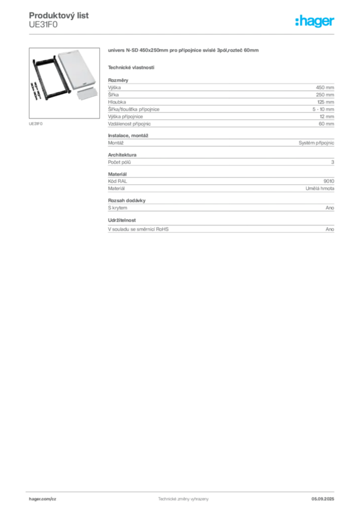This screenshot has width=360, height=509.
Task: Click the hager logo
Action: click(x=314, y=21)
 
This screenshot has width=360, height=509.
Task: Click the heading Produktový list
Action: click(x=59, y=15)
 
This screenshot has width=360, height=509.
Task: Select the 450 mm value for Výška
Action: click(x=325, y=87)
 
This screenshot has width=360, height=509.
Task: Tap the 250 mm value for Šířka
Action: click(x=325, y=94)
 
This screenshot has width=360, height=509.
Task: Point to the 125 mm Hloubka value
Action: click(x=325, y=102)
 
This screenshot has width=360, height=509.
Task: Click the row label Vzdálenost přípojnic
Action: click(x=129, y=124)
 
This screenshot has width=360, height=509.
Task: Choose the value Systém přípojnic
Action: click(x=316, y=143)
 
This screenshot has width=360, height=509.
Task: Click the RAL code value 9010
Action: click(x=329, y=181)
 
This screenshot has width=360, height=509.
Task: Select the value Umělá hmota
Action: click(x=320, y=188)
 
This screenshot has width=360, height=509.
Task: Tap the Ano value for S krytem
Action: click(x=330, y=208)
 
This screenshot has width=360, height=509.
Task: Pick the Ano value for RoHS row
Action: click(x=330, y=229)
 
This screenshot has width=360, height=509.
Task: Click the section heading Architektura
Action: click(x=122, y=155)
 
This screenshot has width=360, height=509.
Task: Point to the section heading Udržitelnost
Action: click(x=122, y=220)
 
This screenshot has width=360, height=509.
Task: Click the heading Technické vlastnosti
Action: click(x=131, y=68)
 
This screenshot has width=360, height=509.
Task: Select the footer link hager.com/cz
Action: click(x=43, y=499)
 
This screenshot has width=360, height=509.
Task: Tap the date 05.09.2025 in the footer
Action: click(x=323, y=499)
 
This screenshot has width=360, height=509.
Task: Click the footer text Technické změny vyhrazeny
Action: click(x=183, y=499)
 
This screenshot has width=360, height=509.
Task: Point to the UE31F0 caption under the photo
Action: click(x=36, y=124)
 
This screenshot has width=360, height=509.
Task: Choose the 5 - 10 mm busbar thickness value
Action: click(x=323, y=109)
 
